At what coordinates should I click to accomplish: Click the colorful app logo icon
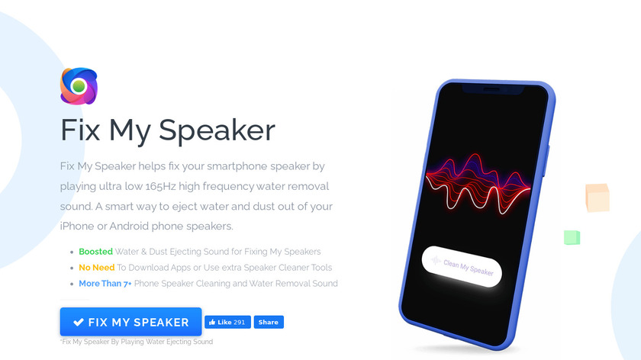(79, 86)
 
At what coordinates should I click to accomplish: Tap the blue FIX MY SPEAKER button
(130, 322)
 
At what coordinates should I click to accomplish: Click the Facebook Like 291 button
(227, 322)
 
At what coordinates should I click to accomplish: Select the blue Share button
(269, 322)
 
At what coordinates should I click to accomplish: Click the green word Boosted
(95, 252)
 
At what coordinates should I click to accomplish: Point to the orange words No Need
(96, 268)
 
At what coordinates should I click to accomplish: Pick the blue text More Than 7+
(105, 284)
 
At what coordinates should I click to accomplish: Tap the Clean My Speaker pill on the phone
(462, 267)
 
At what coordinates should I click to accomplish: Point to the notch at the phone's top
(493, 90)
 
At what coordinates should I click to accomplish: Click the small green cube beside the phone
(572, 237)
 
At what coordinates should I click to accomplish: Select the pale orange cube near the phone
(598, 198)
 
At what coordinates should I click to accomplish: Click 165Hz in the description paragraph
(160, 186)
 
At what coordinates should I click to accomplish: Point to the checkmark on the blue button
(79, 323)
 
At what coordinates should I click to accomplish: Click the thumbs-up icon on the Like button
(212, 322)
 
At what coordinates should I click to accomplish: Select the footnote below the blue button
(137, 342)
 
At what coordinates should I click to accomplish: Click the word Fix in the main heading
(80, 130)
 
